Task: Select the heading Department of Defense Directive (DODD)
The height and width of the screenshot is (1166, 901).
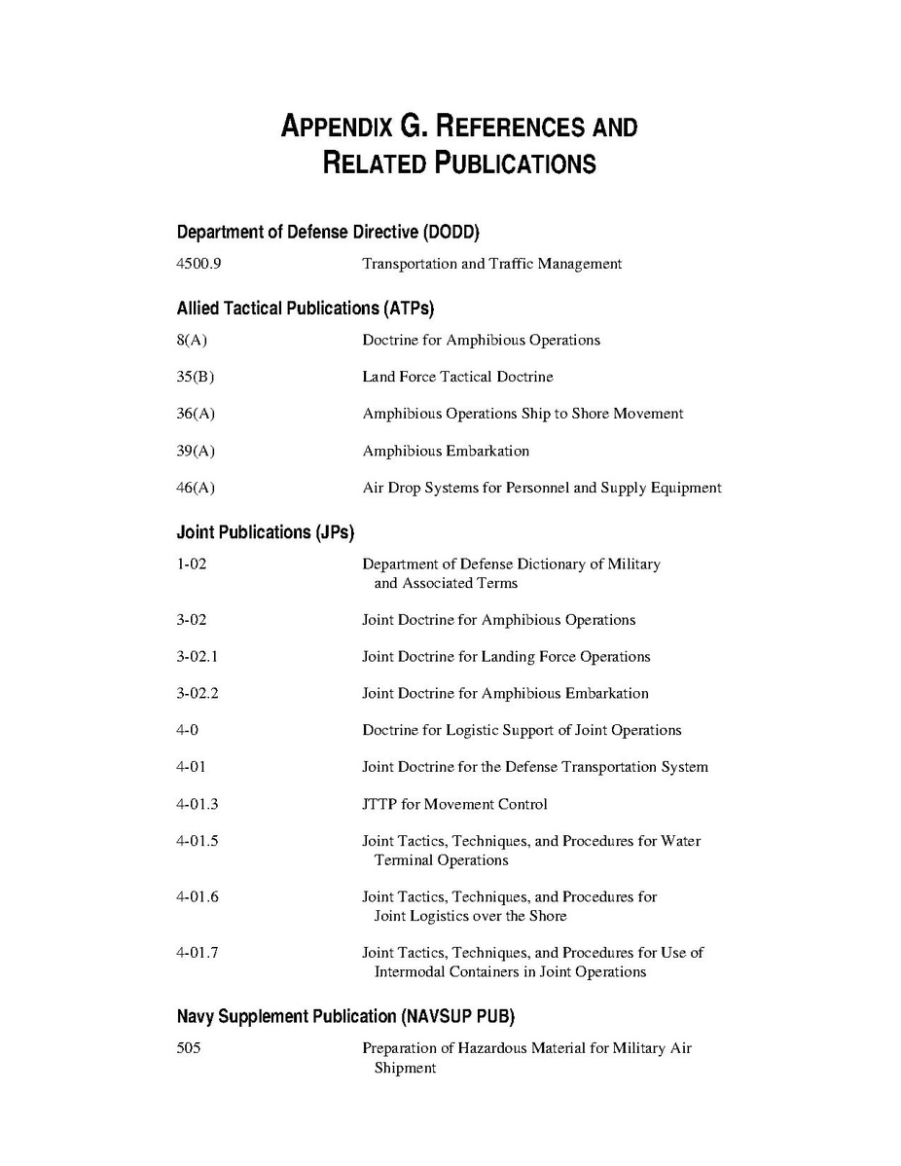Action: click(x=328, y=233)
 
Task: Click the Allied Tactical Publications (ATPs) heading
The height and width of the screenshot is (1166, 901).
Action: click(x=305, y=309)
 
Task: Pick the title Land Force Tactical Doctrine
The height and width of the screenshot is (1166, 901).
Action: click(x=457, y=377)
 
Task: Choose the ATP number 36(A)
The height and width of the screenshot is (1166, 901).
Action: click(x=196, y=414)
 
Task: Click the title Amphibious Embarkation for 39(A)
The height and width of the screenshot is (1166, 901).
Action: click(x=446, y=451)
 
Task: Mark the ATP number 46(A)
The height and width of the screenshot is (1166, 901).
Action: click(x=196, y=488)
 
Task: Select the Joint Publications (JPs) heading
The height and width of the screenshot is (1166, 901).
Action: click(x=266, y=532)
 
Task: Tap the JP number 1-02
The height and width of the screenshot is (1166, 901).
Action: click(x=192, y=565)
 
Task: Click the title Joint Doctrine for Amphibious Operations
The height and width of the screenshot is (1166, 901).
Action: click(x=498, y=620)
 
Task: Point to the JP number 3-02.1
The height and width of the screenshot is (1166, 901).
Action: click(x=198, y=657)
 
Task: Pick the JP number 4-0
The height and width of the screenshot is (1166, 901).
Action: click(x=188, y=730)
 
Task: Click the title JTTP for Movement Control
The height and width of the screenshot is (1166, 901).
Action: click(x=454, y=804)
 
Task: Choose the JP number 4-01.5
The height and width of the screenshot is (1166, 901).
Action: click(x=198, y=841)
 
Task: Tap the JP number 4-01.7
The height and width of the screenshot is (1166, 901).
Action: click(x=198, y=953)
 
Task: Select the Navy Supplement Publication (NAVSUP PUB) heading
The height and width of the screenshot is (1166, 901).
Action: click(x=345, y=1017)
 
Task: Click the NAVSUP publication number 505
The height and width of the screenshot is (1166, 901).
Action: click(x=189, y=1048)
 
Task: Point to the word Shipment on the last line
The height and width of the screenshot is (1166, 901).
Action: click(x=405, y=1068)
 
